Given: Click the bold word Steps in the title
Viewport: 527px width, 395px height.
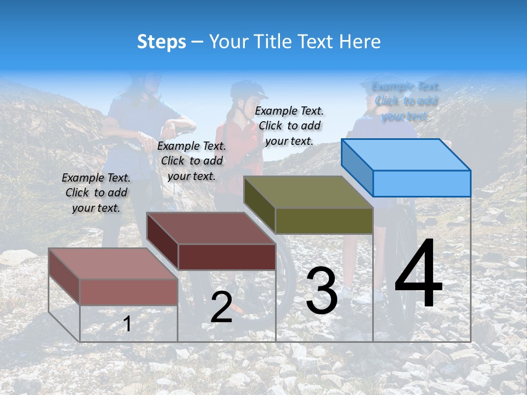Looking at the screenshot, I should point(161,42).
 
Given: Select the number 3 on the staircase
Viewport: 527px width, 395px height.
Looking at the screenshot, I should point(321,291).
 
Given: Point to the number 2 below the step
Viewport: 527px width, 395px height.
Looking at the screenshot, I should point(221,307).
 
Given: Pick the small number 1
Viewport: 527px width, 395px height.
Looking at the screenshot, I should point(127,324).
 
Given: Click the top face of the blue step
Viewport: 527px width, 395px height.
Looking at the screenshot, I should point(406,154).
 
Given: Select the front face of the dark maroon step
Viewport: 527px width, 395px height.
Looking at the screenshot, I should point(227,257).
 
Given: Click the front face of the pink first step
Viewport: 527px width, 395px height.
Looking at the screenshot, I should point(128,292).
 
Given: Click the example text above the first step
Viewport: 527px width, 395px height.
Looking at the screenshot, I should point(96,193).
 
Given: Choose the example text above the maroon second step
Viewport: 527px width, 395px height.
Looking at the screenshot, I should point(192,161).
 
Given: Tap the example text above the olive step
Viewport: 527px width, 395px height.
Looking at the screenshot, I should point(289,126).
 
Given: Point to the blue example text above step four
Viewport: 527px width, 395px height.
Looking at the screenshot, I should point(406,101).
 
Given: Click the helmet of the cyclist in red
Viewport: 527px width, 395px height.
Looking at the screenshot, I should point(247,89).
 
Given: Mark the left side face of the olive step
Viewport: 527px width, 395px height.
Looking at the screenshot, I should point(259,205).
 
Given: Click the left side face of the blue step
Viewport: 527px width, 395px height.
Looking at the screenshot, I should point(357,167).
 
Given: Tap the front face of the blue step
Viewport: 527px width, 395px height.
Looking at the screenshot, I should point(422,183).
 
